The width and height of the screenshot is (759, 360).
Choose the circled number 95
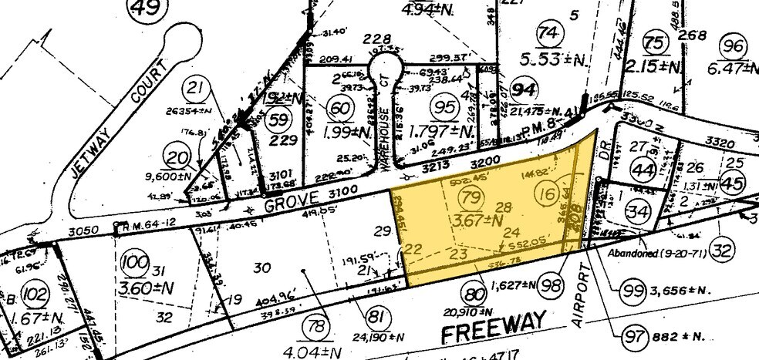445,106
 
